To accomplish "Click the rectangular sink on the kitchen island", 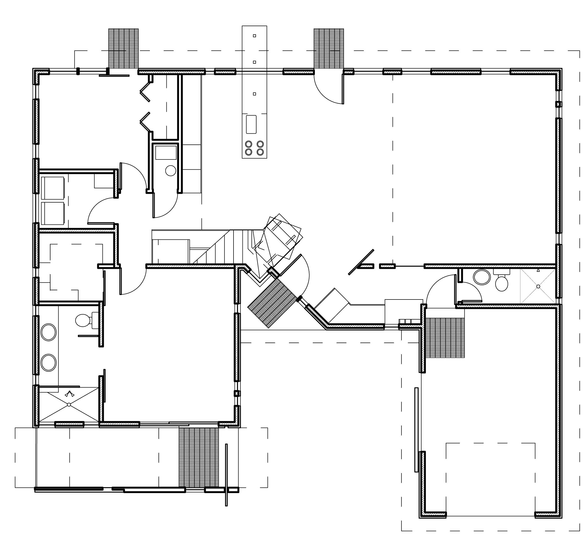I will pos(251,124).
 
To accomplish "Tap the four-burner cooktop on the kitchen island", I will pos(254,148).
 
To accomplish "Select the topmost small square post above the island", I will pos(254,36).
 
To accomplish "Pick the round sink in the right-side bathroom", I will pos(482,277).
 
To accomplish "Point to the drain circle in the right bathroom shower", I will pos(538,287).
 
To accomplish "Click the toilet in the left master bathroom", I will pos(83,320).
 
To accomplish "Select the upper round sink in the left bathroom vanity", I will pos(48,332).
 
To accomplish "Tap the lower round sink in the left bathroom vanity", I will pos(48,363).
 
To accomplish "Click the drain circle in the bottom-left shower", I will pos(69,405).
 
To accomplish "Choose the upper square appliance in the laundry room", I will pos(53,188).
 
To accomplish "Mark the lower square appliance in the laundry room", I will pos(53,213).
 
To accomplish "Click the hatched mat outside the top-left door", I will pos(123,48).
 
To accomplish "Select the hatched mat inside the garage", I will pos(445,338).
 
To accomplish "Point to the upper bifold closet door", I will pos(145,92).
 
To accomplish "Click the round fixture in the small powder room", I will pos(170,171).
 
